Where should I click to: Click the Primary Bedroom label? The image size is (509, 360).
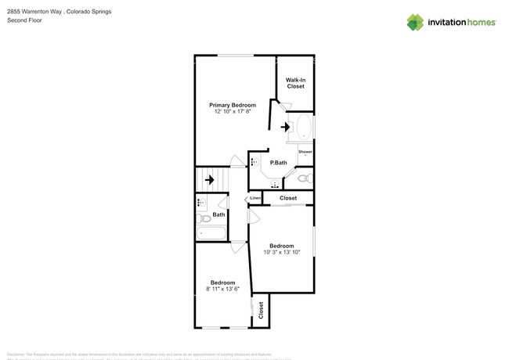click(x=232, y=105)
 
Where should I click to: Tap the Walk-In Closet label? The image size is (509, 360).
click(x=295, y=83)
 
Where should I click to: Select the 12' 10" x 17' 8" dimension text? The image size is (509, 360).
click(x=232, y=112)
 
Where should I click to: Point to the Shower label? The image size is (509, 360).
click(x=305, y=151)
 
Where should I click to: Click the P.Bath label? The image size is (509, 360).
click(x=279, y=163)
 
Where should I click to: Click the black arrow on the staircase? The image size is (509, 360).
click(x=209, y=179)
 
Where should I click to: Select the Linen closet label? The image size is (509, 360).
click(x=255, y=198)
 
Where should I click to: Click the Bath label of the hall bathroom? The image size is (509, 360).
click(x=218, y=214)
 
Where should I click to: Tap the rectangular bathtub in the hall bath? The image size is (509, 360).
click(x=210, y=232)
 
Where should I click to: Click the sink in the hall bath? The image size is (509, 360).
click(x=200, y=203)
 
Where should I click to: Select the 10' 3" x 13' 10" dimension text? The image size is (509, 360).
click(x=283, y=252)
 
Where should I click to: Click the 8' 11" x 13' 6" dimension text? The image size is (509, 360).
click(x=222, y=289)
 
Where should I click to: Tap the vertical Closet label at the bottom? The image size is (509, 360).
click(x=262, y=311)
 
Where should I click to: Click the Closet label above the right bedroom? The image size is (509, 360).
click(x=288, y=198)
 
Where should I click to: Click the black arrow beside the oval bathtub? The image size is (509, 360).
click(x=285, y=127)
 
